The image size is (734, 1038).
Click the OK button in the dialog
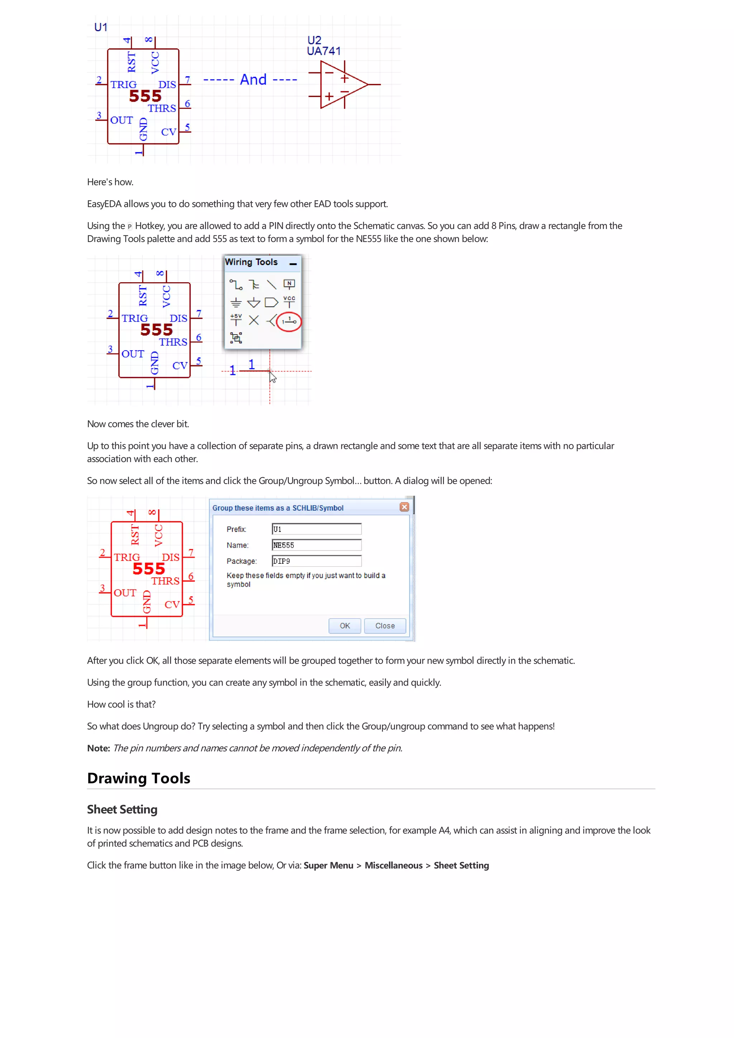(345, 626)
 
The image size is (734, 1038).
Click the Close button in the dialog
(385, 626)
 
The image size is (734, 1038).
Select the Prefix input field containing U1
(316, 529)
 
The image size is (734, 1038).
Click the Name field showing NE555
(316, 545)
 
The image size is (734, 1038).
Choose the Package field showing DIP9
(316, 561)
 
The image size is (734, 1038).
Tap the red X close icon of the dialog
(404, 507)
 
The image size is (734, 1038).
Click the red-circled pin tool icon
(289, 321)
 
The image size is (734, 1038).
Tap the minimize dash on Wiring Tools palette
(293, 264)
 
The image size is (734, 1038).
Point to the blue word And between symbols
(253, 80)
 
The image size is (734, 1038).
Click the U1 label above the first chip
(100, 28)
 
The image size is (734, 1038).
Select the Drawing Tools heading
(138, 778)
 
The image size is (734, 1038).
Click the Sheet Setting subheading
(122, 809)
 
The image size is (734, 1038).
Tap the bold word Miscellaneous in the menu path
(394, 865)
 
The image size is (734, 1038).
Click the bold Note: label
(99, 748)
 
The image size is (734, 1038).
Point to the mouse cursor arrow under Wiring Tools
(272, 377)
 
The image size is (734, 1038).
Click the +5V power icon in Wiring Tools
(235, 319)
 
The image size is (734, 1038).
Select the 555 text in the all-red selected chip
(149, 569)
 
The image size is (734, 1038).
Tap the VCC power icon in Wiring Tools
(289, 302)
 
